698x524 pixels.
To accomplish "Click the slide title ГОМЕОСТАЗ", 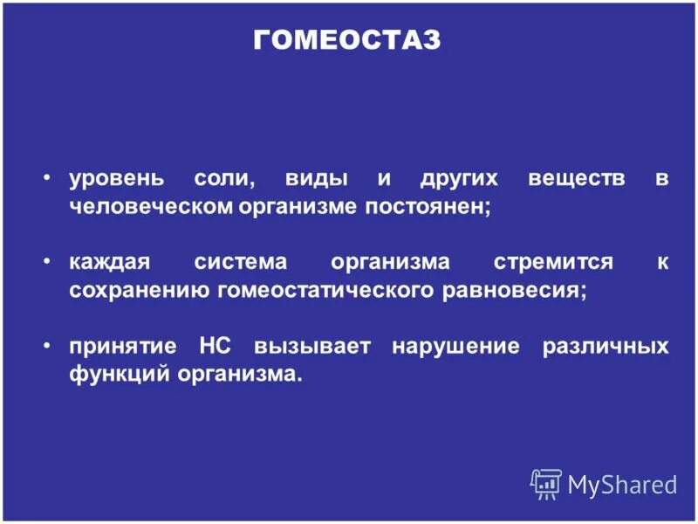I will [x=347, y=40].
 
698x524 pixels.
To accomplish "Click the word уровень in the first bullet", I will [x=116, y=180].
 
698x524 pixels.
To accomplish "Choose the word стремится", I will [x=553, y=263].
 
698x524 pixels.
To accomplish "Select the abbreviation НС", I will [x=208, y=346].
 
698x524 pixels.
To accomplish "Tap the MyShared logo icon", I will [x=546, y=483].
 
